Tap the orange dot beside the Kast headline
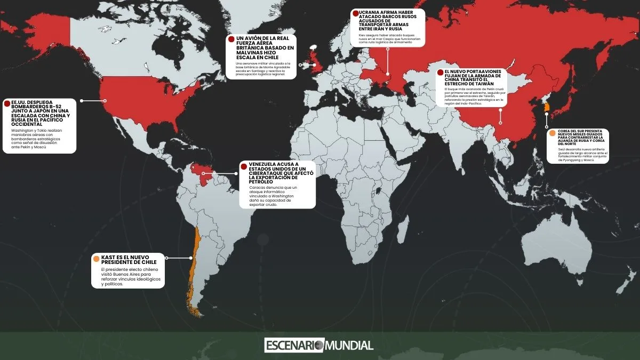[x=96, y=259]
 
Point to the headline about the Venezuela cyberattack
[x=277, y=173]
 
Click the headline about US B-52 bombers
[x=40, y=113]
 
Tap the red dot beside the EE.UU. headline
[x=7, y=102]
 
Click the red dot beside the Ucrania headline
[x=356, y=13]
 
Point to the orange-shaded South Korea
[x=546, y=108]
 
